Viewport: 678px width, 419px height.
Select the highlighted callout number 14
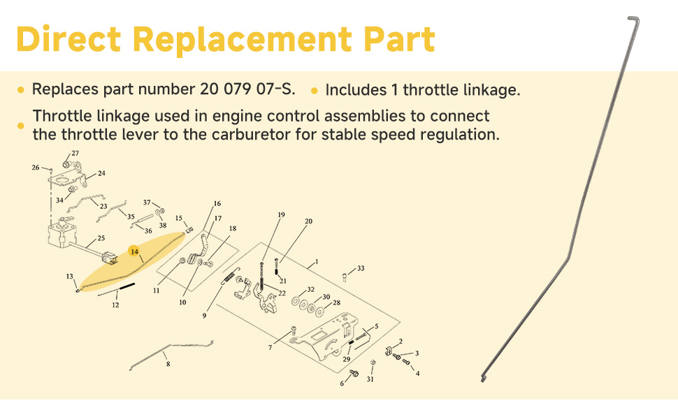tap(134, 251)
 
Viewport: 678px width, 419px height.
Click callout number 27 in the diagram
tap(75, 153)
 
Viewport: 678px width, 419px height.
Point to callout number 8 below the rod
tap(167, 364)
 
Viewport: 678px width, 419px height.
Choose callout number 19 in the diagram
tap(282, 214)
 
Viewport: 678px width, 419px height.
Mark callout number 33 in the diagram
tap(361, 268)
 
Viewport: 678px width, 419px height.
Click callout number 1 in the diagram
tap(317, 262)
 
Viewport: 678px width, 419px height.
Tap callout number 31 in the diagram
tap(370, 379)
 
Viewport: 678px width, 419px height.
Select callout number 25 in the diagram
tap(101, 238)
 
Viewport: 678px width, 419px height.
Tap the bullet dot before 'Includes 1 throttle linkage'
tap(315, 91)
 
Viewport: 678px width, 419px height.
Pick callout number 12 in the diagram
tap(115, 305)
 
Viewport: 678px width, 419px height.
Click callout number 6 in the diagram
tap(342, 383)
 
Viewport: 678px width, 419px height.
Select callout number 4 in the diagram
tap(417, 374)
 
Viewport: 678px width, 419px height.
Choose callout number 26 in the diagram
tap(36, 168)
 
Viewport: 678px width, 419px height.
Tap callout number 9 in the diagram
tap(204, 316)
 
